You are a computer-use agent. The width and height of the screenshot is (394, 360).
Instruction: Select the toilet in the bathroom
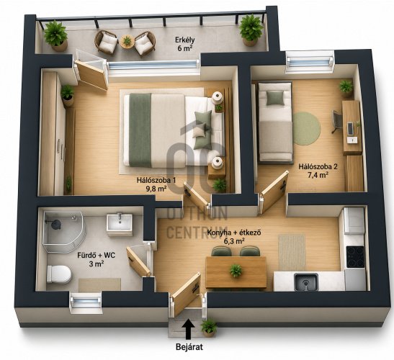pyautogui.click(x=59, y=274)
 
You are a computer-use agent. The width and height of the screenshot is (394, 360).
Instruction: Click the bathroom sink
pyautogui.click(x=120, y=222)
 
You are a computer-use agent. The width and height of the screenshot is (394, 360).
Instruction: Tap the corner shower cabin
pyautogui.click(x=64, y=231)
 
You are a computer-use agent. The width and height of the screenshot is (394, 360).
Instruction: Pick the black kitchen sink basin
pyautogui.click(x=306, y=282)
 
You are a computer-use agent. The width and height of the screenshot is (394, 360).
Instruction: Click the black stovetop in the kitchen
pyautogui.click(x=355, y=256)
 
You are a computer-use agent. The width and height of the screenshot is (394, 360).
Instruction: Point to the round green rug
pyautogui.click(x=307, y=128)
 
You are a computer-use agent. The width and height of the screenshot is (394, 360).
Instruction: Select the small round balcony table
pyautogui.click(x=127, y=41)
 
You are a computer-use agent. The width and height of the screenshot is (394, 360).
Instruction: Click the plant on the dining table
pyautogui.click(x=236, y=270)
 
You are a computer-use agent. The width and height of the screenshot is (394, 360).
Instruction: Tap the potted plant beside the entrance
pyautogui.click(x=209, y=328)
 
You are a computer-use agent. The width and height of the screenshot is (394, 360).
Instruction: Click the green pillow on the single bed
pyautogui.click(x=275, y=98)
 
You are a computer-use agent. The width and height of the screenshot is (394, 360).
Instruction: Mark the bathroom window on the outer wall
pyautogui.click(x=86, y=302)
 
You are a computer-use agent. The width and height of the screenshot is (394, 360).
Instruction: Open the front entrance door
pyautogui.click(x=187, y=294)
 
